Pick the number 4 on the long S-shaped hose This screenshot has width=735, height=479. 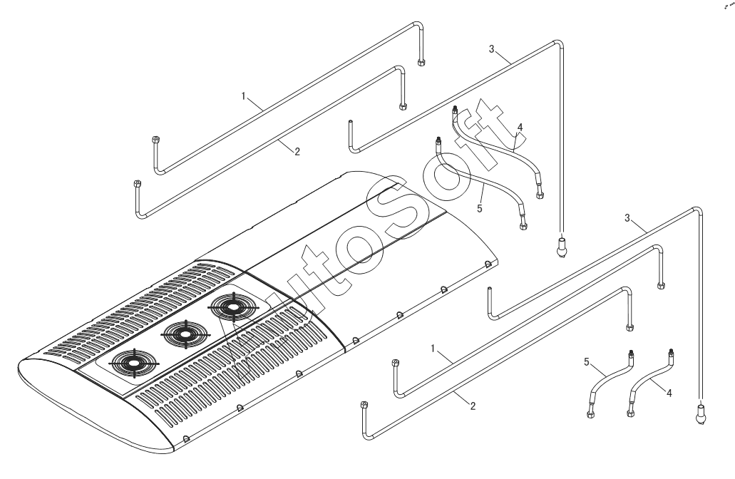(x=520, y=127)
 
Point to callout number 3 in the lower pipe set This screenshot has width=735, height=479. (x=628, y=217)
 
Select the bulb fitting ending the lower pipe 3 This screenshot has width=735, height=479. (x=701, y=412)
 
